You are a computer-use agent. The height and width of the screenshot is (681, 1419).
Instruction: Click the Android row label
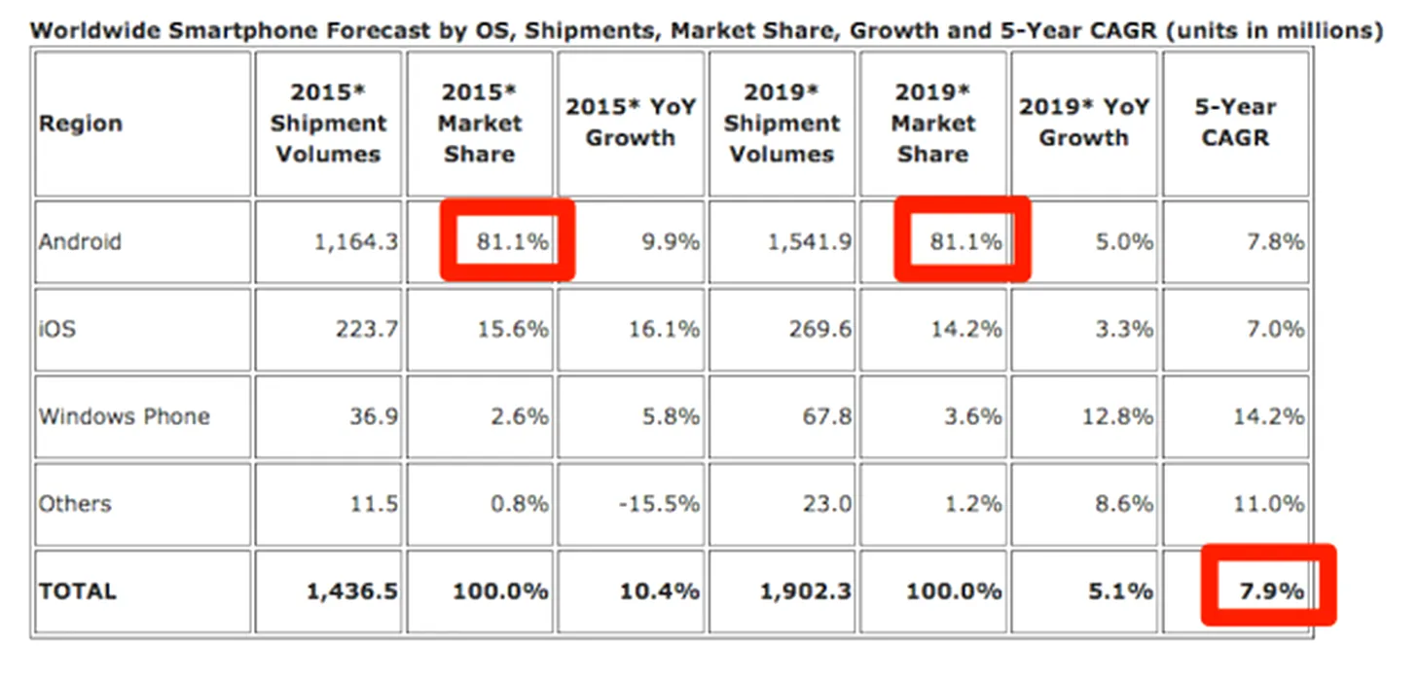tap(80, 241)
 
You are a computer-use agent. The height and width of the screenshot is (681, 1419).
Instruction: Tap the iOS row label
tap(56, 329)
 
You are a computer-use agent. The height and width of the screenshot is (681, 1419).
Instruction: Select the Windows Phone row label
tap(124, 416)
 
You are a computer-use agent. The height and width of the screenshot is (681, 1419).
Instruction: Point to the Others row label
tap(75, 504)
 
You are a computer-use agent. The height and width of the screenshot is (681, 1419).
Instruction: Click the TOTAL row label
tap(77, 591)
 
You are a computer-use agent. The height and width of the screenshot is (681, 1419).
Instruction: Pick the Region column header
tap(81, 124)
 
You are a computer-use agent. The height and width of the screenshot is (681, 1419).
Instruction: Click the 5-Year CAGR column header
tap(1235, 123)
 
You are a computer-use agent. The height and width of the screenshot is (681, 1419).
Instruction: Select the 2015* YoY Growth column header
tap(630, 123)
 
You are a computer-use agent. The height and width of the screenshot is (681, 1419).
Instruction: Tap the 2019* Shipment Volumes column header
tap(782, 123)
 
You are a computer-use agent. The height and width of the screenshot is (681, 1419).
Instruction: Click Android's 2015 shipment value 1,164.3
tap(355, 241)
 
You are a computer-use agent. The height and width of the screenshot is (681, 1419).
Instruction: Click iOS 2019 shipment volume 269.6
tap(819, 329)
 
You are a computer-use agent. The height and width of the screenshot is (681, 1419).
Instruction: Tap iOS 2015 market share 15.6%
tap(512, 329)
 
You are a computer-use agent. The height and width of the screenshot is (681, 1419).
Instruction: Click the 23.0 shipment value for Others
tap(829, 504)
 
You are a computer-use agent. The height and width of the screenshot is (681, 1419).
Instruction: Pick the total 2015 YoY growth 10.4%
tap(659, 591)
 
